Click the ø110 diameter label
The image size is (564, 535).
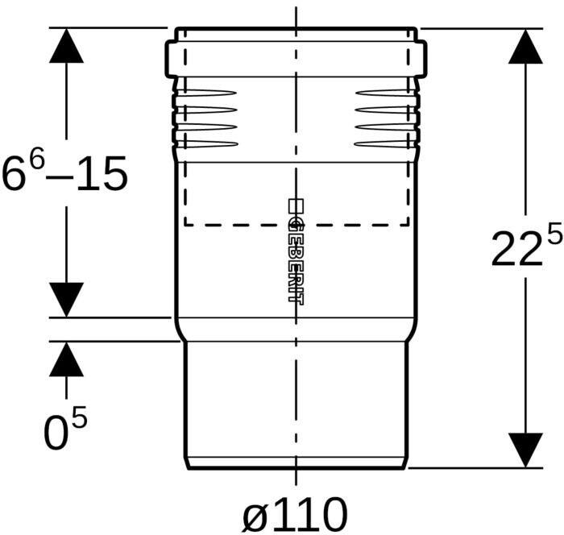(x=295, y=515)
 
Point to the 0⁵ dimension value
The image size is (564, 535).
(x=65, y=427)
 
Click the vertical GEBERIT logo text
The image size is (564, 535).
(x=296, y=252)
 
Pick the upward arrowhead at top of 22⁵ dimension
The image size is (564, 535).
(x=525, y=47)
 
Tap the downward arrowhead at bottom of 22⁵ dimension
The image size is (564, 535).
(x=525, y=450)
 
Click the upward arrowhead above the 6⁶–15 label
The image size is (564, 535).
(x=66, y=46)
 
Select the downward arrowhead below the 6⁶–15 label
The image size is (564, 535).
(x=66, y=300)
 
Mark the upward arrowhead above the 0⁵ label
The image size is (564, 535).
(x=66, y=359)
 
